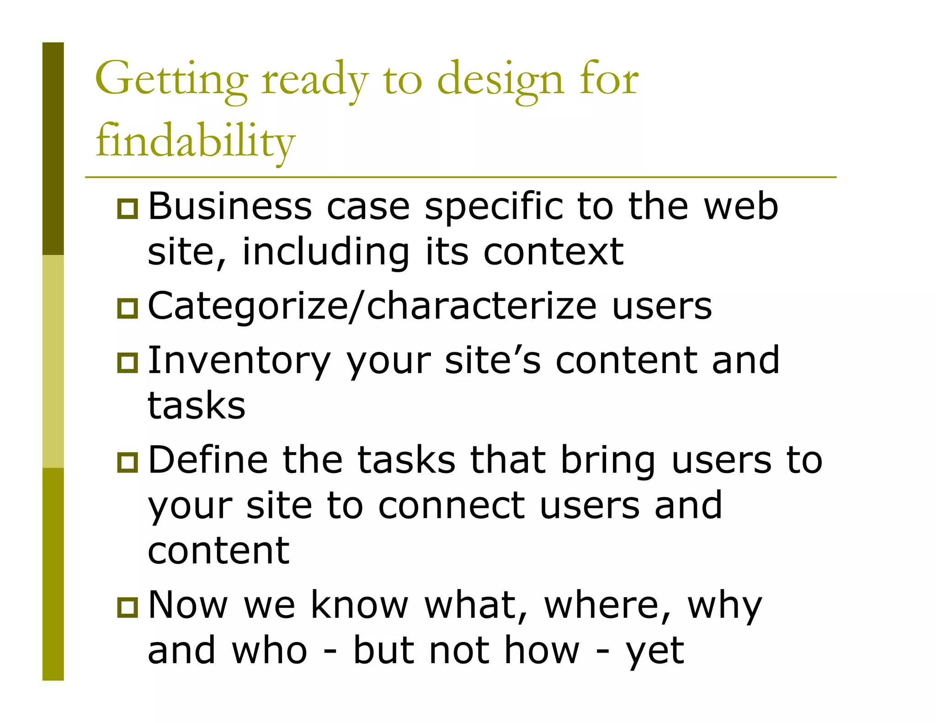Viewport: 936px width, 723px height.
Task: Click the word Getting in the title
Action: coord(171,80)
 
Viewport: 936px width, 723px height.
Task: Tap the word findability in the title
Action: coord(195,141)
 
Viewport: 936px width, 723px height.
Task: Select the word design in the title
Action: coord(500,80)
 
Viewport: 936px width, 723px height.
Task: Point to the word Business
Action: coord(230,207)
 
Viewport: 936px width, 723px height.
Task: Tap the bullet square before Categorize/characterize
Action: coord(128,308)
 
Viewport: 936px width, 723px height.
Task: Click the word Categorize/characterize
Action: coord(372,306)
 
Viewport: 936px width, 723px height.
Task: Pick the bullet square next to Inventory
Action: coord(128,362)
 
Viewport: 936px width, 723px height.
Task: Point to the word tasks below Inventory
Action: coord(197,405)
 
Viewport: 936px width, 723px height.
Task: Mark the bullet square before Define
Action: coord(128,462)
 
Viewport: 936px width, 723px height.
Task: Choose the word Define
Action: coord(208,460)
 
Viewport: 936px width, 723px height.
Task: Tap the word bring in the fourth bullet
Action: coord(608,461)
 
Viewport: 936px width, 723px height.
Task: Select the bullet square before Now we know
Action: coord(128,607)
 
